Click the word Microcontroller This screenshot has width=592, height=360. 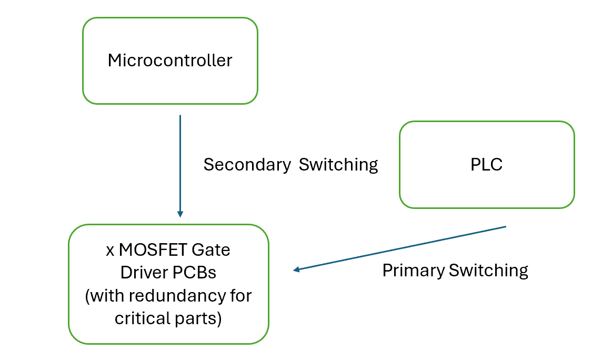(x=169, y=61)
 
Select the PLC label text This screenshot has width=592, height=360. (x=486, y=165)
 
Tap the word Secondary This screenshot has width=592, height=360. (x=247, y=165)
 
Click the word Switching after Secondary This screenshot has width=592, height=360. (x=338, y=165)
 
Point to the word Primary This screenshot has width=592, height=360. (x=414, y=271)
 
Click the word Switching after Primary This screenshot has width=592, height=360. (x=488, y=271)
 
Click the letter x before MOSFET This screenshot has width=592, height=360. (x=111, y=251)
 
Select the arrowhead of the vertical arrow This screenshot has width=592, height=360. (x=180, y=214)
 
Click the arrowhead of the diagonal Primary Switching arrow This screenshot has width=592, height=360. (x=296, y=270)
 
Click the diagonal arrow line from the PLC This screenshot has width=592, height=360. (x=400, y=249)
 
